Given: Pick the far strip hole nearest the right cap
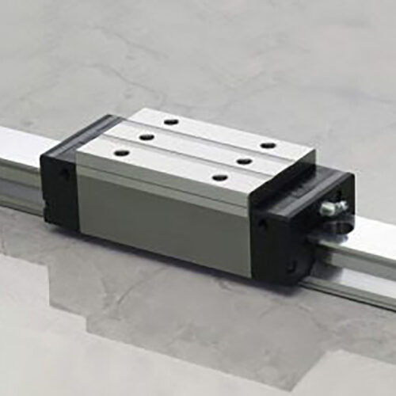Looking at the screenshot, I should click(x=268, y=145).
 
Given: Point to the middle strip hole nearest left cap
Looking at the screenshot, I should click(x=147, y=137).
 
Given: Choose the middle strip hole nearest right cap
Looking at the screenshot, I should click(x=244, y=161).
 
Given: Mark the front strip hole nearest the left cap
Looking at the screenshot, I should click(x=121, y=152).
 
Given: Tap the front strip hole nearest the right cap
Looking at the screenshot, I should click(x=219, y=177).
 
